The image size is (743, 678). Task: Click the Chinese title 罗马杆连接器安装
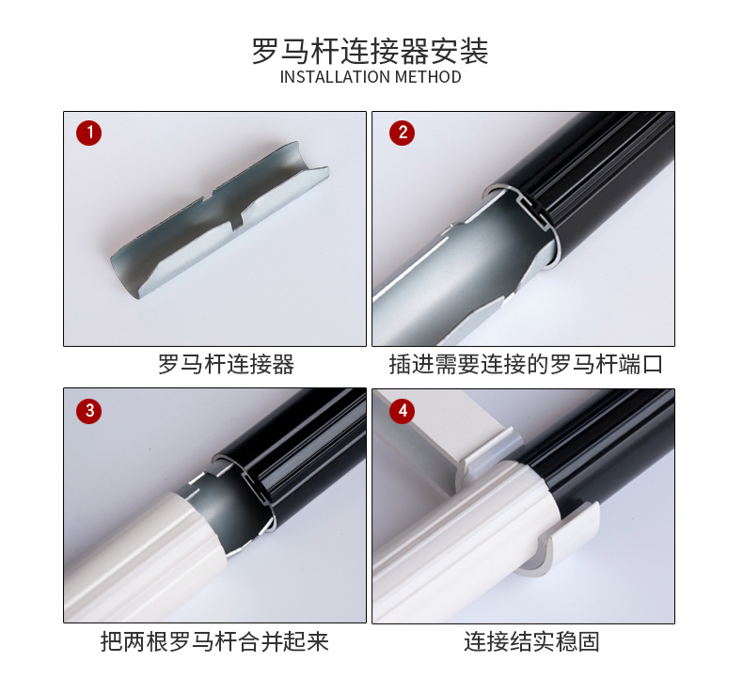(x=371, y=50)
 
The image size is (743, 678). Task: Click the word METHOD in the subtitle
(x=428, y=77)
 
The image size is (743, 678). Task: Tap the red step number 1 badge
(x=89, y=133)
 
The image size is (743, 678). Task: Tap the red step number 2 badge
(x=403, y=133)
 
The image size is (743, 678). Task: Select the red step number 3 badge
(x=89, y=410)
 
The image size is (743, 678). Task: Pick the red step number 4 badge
(x=403, y=410)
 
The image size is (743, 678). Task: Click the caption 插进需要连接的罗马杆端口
(x=526, y=365)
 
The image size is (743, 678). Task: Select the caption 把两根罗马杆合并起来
(x=214, y=642)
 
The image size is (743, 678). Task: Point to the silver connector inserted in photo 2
(x=451, y=273)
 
